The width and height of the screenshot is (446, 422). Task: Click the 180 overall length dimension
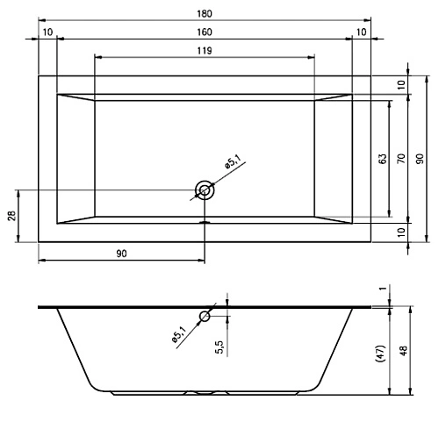click(205, 14)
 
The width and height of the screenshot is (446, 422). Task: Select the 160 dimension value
click(205, 32)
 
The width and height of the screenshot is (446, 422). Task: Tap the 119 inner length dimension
click(205, 51)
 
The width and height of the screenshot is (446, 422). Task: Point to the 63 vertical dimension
click(383, 159)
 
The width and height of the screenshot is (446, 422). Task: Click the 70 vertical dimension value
click(401, 159)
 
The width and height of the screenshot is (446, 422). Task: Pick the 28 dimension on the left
click(11, 216)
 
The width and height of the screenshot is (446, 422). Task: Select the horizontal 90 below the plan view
click(121, 254)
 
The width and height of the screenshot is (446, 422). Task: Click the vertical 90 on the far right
click(420, 159)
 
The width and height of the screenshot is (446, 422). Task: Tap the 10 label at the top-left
click(47, 32)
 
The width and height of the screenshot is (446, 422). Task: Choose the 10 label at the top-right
click(362, 32)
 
